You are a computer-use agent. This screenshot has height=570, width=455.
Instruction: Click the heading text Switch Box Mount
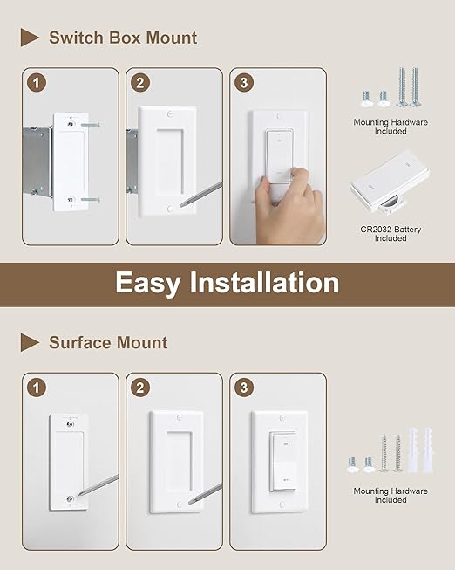122,38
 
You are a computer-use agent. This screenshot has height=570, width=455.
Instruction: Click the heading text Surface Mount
108,342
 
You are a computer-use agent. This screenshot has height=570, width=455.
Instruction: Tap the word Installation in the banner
274,283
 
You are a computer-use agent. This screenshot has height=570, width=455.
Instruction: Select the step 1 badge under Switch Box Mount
37,84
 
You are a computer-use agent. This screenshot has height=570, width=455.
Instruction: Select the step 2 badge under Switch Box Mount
141,84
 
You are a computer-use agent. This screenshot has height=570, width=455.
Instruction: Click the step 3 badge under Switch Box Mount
246,84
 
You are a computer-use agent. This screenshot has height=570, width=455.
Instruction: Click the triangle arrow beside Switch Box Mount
31,38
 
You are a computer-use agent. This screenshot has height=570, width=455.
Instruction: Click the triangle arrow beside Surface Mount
31,342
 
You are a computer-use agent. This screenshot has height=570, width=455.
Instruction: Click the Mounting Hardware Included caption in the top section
390,127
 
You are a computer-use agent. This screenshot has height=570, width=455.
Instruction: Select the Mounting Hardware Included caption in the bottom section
390,495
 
